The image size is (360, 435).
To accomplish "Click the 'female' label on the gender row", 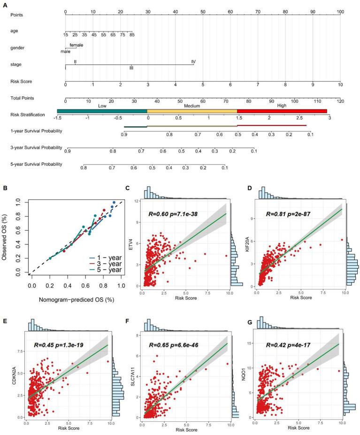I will tap(77, 45).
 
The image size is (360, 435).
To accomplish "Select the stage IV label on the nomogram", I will tap(193, 62).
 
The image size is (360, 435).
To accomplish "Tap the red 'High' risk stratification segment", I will tap(282, 111).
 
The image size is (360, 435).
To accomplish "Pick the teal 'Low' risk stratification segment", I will tap(102, 111).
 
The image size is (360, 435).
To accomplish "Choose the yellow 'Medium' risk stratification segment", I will tap(192, 111).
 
